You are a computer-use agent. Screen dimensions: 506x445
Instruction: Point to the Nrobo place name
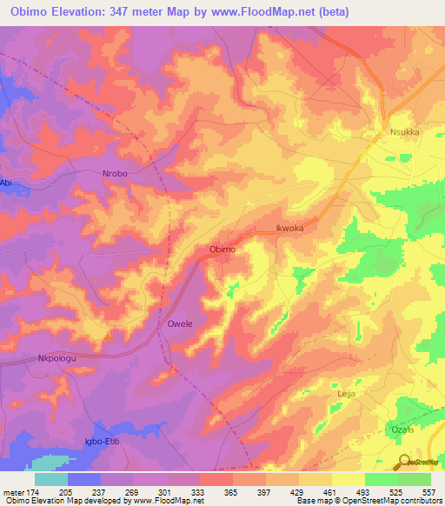pos(115,174)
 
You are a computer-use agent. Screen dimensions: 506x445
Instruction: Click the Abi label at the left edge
pos(7,183)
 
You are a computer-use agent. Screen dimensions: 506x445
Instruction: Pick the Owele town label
pos(179,324)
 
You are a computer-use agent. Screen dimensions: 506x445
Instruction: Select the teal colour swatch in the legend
pos(51,480)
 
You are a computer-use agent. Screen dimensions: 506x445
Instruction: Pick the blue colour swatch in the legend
pos(84,480)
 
